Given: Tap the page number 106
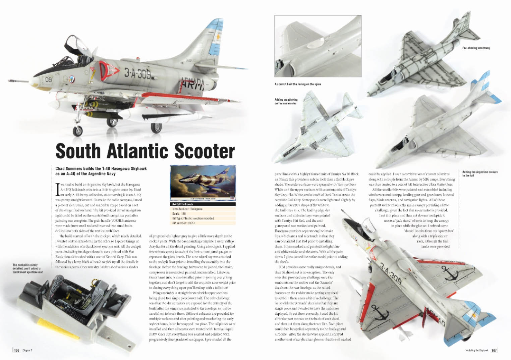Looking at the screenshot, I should pyautogui.click(x=16, y=351).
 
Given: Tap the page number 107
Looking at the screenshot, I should pyautogui.click(x=494, y=351).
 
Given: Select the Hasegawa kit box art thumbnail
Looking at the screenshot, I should pyautogui.click(x=203, y=184).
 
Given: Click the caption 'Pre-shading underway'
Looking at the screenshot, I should pyautogui.click(x=476, y=48).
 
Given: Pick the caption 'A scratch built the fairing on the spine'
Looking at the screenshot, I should pyautogui.click(x=298, y=84).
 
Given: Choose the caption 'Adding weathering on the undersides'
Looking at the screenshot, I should pyautogui.click(x=286, y=101).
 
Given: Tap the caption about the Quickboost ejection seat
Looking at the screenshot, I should pyautogui.click(x=28, y=268).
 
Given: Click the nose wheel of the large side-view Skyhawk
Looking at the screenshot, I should pyautogui.click(x=78, y=130).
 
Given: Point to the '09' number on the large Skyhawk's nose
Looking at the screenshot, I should pyautogui.click(x=49, y=80).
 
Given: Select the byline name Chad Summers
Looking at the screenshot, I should pyautogui.click(x=69, y=168).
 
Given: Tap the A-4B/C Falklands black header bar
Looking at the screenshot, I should pyautogui.click(x=203, y=204).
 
